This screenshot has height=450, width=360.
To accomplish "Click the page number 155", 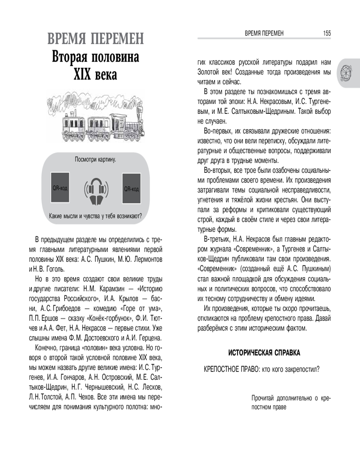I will click(x=327, y=33).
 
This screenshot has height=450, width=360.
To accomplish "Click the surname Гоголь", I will click(x=54, y=269).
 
